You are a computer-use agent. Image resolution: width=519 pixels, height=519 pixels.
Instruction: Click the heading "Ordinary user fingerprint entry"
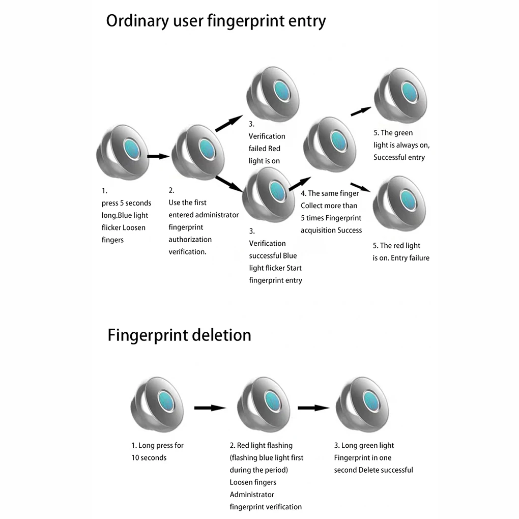coord(216,21)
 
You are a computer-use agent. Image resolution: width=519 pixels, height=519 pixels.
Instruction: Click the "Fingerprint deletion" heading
coord(179,335)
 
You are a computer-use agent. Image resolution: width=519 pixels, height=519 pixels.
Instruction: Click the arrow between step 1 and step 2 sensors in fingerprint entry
coord(158,156)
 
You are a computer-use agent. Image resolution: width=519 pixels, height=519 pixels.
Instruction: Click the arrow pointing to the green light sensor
coord(361,111)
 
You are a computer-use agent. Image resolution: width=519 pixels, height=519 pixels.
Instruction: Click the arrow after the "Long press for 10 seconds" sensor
coord(210,408)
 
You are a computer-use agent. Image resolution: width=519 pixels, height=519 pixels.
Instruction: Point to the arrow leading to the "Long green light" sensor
coord(313,408)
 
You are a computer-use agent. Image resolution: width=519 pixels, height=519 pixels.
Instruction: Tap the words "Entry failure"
coord(410,258)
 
